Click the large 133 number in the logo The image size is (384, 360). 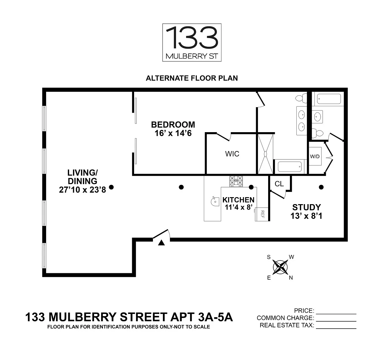(x=192, y=38)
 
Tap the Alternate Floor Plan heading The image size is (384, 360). (x=192, y=78)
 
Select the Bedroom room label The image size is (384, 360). (x=173, y=124)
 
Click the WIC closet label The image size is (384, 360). (x=232, y=154)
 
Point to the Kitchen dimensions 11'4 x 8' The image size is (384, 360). (x=238, y=207)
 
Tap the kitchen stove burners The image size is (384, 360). (x=236, y=181)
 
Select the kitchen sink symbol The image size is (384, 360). (x=213, y=202)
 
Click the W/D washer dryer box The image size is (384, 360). (x=315, y=156)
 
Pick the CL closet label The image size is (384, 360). (x=279, y=184)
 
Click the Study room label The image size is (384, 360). (x=306, y=207)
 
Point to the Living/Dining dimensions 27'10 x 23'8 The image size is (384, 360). (x=82, y=190)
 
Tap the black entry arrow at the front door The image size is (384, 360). (x=161, y=243)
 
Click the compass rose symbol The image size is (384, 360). (x=280, y=267)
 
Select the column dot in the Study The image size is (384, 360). (x=321, y=187)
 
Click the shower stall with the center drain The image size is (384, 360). (x=266, y=154)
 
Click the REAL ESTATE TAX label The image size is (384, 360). (x=287, y=325)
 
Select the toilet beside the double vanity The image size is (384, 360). (x=300, y=98)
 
